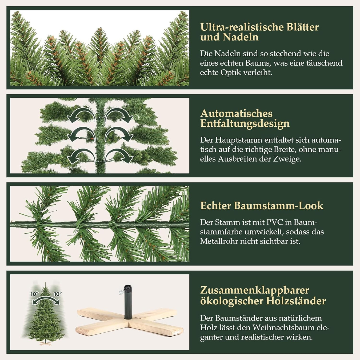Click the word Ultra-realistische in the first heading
238,27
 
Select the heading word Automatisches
236,113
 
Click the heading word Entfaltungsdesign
245,124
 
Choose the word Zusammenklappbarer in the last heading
255,290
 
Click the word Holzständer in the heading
296,301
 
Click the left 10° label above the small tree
34,294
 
